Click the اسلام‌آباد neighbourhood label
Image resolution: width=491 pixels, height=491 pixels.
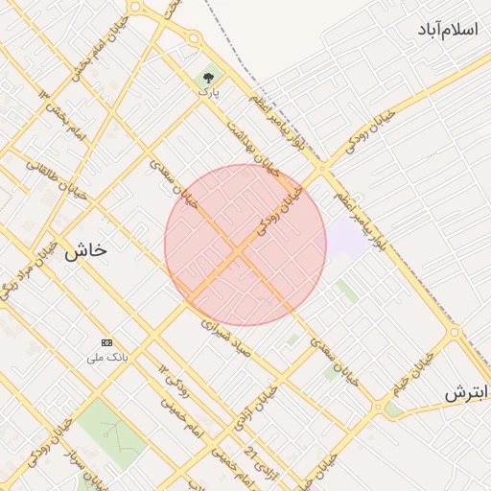(x=447, y=30)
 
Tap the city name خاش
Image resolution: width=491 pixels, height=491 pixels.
(x=85, y=252)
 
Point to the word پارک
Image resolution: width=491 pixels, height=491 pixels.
(x=209, y=93)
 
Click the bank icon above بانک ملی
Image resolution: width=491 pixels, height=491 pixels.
(x=106, y=342)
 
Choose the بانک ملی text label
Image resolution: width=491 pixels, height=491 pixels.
(x=106, y=358)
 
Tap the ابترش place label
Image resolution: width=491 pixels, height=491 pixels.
(x=467, y=393)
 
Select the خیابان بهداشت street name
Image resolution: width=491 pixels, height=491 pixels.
(x=251, y=144)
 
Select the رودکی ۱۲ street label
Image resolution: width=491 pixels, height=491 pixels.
(x=173, y=383)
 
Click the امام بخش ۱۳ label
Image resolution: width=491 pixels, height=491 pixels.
(x=63, y=115)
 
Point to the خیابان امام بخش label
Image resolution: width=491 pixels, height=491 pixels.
(x=93, y=60)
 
